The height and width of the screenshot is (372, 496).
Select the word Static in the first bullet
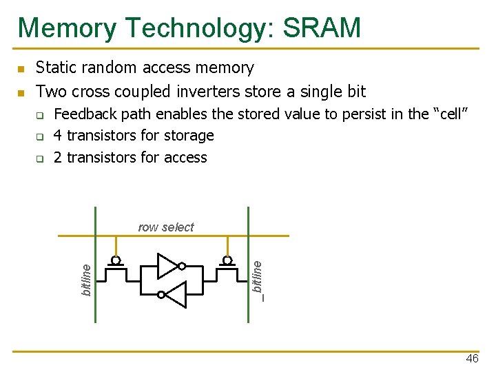tap(55, 68)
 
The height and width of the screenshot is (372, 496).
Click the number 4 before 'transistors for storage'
tap(58, 136)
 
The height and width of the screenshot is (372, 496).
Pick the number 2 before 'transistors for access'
tap(58, 158)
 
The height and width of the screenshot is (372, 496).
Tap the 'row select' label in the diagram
tap(166, 227)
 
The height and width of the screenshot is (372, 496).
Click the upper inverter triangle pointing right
tap(167, 266)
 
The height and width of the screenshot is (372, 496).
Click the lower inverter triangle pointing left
tap(176, 295)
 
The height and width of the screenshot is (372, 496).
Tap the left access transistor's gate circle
tap(116, 261)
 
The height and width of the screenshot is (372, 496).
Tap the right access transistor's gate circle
tap(226, 261)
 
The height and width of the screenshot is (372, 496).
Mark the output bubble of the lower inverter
tap(161, 295)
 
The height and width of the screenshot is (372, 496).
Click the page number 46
tap(472, 359)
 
